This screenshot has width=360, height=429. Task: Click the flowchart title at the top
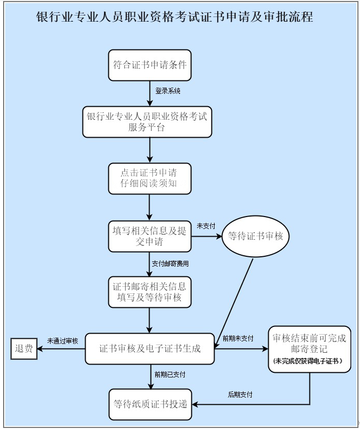click(x=174, y=17)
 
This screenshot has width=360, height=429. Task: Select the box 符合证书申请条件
click(x=150, y=65)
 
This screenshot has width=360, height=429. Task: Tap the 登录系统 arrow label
click(x=168, y=91)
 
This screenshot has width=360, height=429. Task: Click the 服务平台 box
click(x=147, y=122)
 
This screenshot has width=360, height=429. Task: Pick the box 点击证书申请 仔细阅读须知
click(x=150, y=178)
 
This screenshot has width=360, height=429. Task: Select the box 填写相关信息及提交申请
click(x=150, y=236)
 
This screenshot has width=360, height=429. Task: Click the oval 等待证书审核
click(x=255, y=237)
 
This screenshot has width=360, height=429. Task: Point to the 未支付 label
click(x=206, y=226)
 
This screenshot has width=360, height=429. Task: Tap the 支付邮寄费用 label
click(x=170, y=263)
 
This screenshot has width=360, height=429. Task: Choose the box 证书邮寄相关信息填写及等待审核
click(x=150, y=292)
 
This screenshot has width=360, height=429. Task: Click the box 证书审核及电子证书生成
click(x=150, y=349)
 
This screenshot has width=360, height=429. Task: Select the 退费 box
click(x=24, y=349)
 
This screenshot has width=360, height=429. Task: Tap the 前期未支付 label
click(x=238, y=339)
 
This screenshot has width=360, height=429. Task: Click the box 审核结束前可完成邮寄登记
click(x=309, y=344)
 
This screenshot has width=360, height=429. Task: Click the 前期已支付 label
click(x=170, y=374)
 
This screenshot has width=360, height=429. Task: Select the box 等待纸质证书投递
click(x=150, y=404)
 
